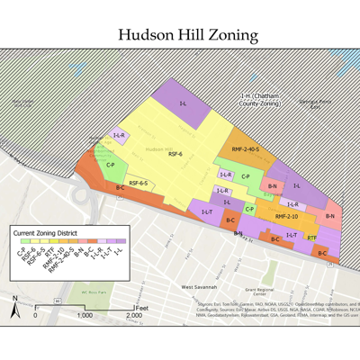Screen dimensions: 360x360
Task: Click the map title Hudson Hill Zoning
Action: click(x=187, y=35)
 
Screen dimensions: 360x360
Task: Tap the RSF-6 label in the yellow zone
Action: click(x=175, y=154)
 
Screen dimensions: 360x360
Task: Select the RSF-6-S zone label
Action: click(x=138, y=184)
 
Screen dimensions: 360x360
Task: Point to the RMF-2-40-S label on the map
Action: click(x=245, y=149)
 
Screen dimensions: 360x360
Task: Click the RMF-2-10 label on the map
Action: click(x=286, y=216)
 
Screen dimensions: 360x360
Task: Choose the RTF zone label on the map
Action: click(x=311, y=238)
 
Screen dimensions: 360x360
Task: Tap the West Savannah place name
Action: click(x=199, y=286)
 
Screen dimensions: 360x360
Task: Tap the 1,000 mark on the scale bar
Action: click(x=84, y=316)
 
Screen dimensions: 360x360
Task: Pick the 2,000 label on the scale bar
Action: click(x=132, y=316)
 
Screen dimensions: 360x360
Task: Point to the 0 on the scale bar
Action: click(x=35, y=316)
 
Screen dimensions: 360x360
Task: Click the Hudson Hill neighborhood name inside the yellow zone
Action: click(x=158, y=148)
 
